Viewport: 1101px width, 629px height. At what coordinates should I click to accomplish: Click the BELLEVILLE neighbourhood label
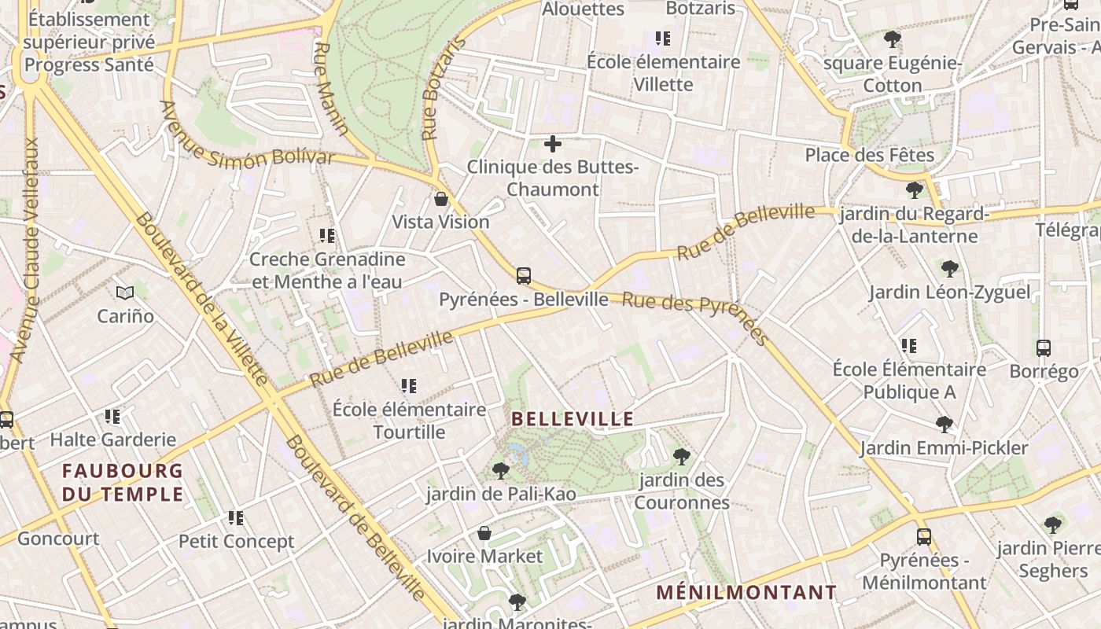pyautogui.click(x=573, y=419)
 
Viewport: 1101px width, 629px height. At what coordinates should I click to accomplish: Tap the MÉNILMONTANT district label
pyautogui.click(x=746, y=592)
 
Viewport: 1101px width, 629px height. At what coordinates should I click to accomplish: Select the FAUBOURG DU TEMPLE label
pyautogui.click(x=123, y=483)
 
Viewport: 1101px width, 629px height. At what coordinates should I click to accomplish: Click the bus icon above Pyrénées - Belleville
pyautogui.click(x=524, y=276)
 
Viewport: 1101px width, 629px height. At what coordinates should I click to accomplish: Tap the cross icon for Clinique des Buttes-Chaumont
pyautogui.click(x=553, y=144)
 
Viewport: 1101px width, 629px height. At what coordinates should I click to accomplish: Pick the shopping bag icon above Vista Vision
pyautogui.click(x=441, y=199)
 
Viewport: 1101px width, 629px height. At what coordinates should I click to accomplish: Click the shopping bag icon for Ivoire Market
pyautogui.click(x=484, y=533)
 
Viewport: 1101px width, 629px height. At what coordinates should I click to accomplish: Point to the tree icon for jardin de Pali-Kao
pyautogui.click(x=500, y=471)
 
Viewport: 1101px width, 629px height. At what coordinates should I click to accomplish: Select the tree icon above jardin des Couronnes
pyautogui.click(x=682, y=456)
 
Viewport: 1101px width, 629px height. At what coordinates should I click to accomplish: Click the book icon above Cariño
pyautogui.click(x=125, y=293)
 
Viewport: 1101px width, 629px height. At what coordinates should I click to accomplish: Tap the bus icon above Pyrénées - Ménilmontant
pyautogui.click(x=924, y=537)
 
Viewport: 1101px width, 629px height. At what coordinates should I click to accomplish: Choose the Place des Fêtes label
pyautogui.click(x=869, y=155)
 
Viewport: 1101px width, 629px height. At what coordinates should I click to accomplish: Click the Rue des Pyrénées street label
pyautogui.click(x=695, y=318)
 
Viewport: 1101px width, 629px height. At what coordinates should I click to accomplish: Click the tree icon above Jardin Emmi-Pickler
pyautogui.click(x=945, y=425)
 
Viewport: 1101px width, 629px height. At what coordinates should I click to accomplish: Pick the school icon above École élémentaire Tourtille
pyautogui.click(x=409, y=386)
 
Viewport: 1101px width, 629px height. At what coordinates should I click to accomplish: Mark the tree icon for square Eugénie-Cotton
pyautogui.click(x=893, y=39)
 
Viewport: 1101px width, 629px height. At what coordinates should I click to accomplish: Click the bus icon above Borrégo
pyautogui.click(x=1044, y=348)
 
